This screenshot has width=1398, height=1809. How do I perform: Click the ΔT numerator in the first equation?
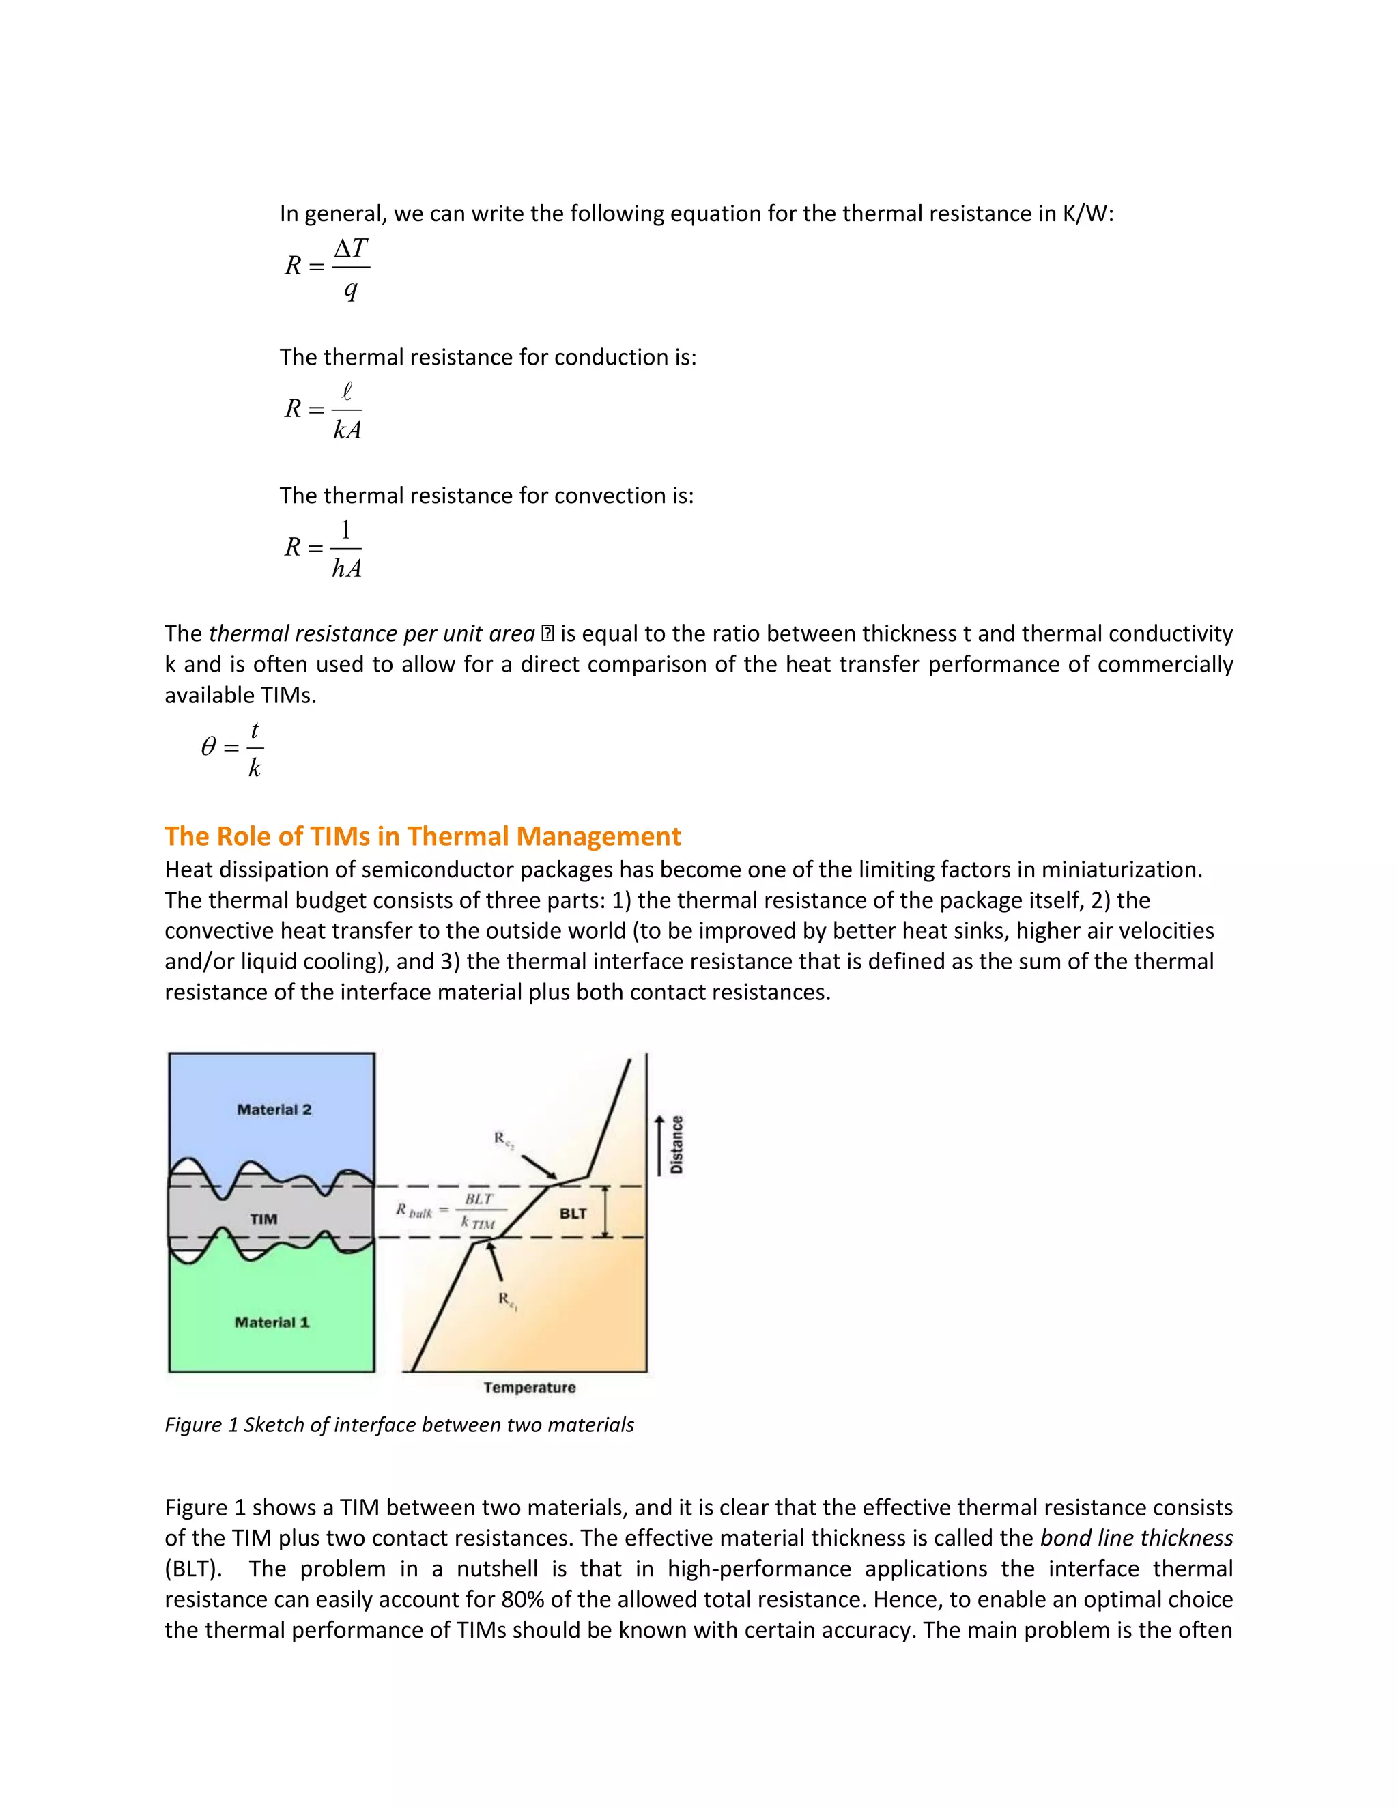pyautogui.click(x=350, y=248)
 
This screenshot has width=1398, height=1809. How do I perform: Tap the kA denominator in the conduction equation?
pyautogui.click(x=347, y=430)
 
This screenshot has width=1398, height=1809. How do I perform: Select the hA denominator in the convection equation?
pyautogui.click(x=346, y=568)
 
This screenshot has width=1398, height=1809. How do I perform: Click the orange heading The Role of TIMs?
pyautogui.click(x=423, y=837)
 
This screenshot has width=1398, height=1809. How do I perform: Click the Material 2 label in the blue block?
pyautogui.click(x=274, y=1110)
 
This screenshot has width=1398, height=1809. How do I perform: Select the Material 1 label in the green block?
pyautogui.click(x=272, y=1323)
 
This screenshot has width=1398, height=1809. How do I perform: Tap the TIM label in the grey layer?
pyautogui.click(x=263, y=1219)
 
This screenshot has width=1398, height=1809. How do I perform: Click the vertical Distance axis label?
pyautogui.click(x=676, y=1145)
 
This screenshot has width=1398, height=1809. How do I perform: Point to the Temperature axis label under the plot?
pyautogui.click(x=529, y=1387)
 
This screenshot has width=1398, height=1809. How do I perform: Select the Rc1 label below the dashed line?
pyautogui.click(x=508, y=1300)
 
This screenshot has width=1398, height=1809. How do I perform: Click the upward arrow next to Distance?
pyautogui.click(x=659, y=1145)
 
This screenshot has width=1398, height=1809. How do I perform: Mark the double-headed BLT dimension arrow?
pyautogui.click(x=605, y=1212)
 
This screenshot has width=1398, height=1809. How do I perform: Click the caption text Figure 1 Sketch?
pyautogui.click(x=399, y=1425)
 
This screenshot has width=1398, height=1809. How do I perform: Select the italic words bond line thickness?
pyautogui.click(x=1137, y=1538)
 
